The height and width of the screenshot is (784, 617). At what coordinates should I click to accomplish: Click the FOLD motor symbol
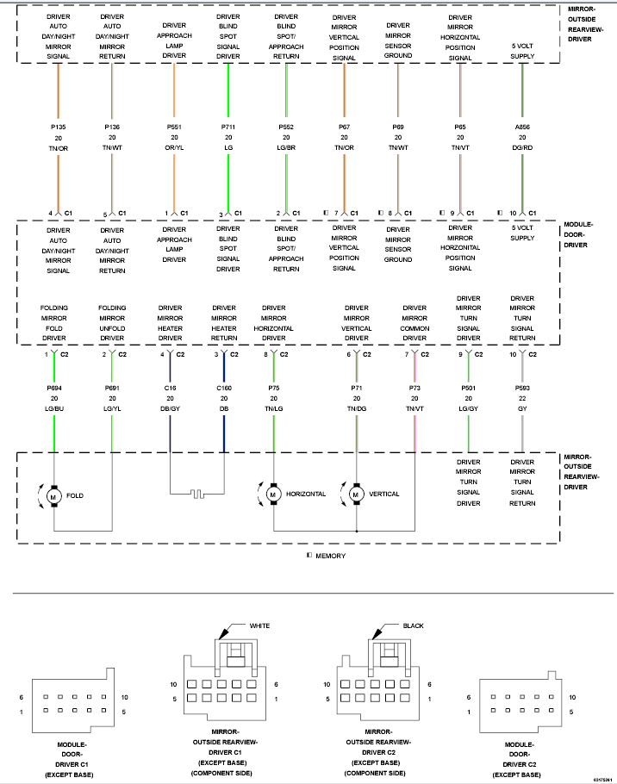[x=54, y=496]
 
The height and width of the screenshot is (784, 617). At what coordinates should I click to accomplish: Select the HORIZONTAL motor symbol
[x=273, y=495]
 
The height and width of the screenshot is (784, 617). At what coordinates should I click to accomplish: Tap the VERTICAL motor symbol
[x=356, y=495]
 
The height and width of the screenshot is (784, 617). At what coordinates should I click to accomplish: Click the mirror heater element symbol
[x=197, y=494]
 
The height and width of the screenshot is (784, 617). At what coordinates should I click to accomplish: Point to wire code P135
[x=58, y=127]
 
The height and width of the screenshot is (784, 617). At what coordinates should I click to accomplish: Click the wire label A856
[x=522, y=127]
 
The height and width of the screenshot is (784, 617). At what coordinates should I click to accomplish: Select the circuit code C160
[x=224, y=388]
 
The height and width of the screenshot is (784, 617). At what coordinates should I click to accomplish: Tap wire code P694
[x=54, y=388]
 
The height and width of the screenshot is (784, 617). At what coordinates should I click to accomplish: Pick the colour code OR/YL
[x=174, y=148]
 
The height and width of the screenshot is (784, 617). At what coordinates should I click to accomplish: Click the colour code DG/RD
[x=522, y=148]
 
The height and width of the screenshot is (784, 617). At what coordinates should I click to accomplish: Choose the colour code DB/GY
[x=170, y=408]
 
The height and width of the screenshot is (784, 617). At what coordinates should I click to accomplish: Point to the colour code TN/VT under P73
[x=414, y=408]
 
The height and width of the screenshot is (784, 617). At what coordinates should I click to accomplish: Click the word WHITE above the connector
[x=259, y=625]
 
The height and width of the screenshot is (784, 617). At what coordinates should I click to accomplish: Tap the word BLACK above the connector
[x=413, y=625]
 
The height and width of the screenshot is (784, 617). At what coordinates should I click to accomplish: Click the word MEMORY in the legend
[x=331, y=556]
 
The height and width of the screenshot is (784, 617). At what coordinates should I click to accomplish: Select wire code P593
[x=522, y=388]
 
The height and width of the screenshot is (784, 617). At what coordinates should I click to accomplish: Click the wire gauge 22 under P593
[x=522, y=399]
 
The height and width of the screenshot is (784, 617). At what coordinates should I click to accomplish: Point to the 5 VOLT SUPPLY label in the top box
[x=522, y=51]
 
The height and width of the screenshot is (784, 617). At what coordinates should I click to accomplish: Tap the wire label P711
[x=228, y=127]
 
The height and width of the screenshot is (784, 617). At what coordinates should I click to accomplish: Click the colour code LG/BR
[x=286, y=148]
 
